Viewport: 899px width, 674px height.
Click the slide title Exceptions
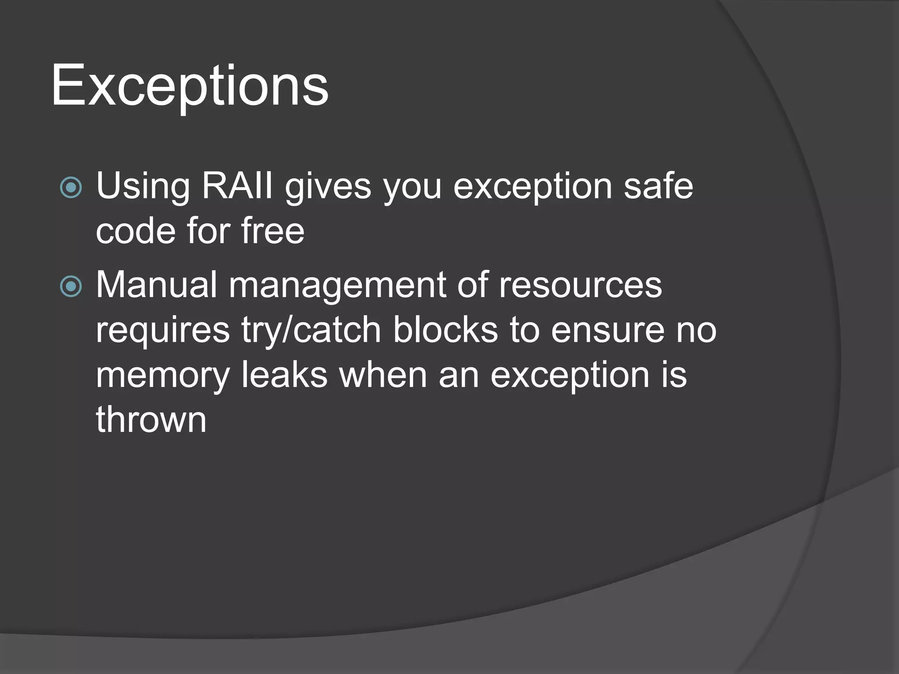click(x=190, y=85)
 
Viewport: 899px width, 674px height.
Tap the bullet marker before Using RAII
click(x=71, y=187)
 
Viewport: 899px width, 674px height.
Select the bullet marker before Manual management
click(x=71, y=287)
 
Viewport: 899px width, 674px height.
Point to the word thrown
click(x=151, y=419)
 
